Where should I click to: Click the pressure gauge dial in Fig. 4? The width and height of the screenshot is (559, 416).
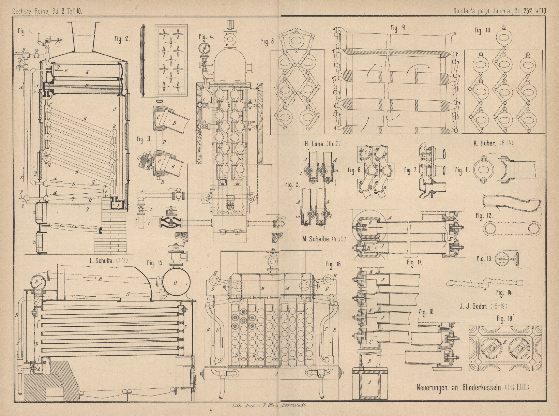[x=205, y=49]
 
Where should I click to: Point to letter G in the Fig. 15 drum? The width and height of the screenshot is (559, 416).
[x=176, y=282]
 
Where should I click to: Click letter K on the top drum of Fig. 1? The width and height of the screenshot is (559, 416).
[x=88, y=72]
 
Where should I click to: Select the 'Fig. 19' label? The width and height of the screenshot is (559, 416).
[x=505, y=320]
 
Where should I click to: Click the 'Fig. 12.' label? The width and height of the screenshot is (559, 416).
[x=484, y=216]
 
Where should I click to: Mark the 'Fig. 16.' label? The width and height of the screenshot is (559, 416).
[x=334, y=264]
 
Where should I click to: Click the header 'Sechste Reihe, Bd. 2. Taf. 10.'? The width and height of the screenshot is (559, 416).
[x=47, y=11]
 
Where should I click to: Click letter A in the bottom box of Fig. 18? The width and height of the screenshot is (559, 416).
[x=369, y=382]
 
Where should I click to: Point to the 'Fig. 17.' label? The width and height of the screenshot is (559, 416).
[x=414, y=262]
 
